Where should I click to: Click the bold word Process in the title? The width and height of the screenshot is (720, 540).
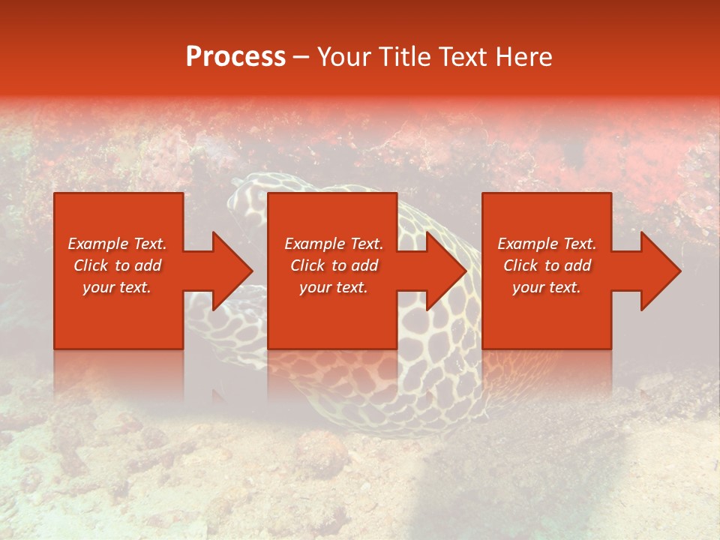[x=235, y=56]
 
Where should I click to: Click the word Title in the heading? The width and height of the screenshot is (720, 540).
[x=403, y=56]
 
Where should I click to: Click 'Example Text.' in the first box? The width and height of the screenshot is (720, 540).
[x=117, y=244]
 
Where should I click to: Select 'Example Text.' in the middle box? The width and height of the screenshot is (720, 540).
[x=334, y=244]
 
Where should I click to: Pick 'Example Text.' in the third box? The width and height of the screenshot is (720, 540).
[x=547, y=244]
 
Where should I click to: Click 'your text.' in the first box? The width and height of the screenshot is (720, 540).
[x=117, y=287]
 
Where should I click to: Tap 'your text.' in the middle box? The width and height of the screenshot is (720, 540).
[x=334, y=287]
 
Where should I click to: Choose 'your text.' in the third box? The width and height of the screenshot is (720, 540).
[x=547, y=287]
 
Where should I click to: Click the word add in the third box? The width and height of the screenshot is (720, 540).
[x=577, y=265]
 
